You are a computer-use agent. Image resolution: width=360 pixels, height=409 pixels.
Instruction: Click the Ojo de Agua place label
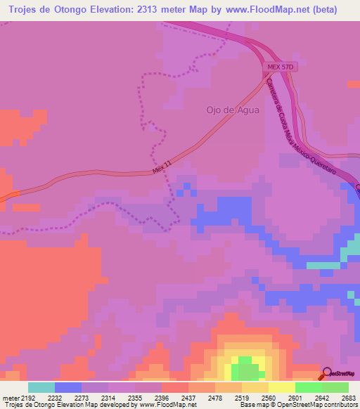pyautogui.click(x=232, y=110)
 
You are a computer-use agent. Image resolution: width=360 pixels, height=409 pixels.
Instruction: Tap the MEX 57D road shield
pyautogui.click(x=278, y=67)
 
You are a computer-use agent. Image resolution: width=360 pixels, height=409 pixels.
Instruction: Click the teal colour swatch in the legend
pyautogui.click(x=41, y=387)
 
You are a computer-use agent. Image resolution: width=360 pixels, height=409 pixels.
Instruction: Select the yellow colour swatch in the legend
pyautogui.click(x=281, y=387)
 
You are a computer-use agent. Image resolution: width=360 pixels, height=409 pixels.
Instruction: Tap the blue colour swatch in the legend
pyautogui.click(x=67, y=387)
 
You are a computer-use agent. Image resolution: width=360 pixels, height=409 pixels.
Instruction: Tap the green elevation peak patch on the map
pyautogui.click(x=245, y=367)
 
